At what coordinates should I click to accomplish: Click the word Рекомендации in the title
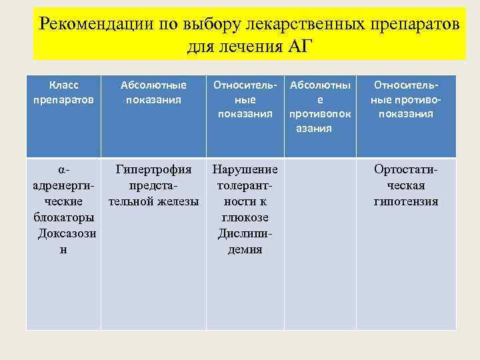(x=96, y=24)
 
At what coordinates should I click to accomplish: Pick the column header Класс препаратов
(x=64, y=92)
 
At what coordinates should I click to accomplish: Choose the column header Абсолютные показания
(x=153, y=92)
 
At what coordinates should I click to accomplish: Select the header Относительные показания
(x=245, y=99)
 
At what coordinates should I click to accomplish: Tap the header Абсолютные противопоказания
(x=320, y=107)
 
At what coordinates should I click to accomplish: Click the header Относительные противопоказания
(x=406, y=99)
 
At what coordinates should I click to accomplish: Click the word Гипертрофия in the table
(x=153, y=169)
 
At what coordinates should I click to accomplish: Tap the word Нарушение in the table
(x=245, y=169)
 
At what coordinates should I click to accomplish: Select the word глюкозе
(x=245, y=217)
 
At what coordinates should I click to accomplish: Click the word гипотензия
(x=406, y=201)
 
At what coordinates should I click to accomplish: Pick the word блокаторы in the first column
(x=63, y=217)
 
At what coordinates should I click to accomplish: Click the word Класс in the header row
(x=64, y=85)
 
